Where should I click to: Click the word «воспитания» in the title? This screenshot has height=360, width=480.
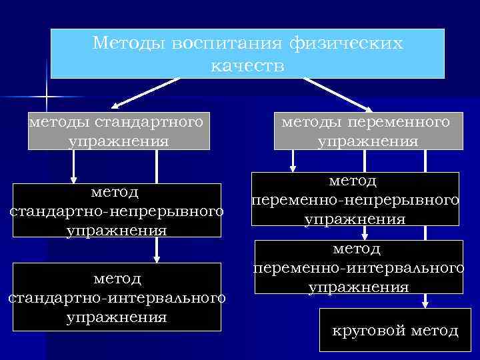point(227,44)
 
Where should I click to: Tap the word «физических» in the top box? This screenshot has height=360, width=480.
point(347,44)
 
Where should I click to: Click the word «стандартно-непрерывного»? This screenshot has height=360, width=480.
point(115,211)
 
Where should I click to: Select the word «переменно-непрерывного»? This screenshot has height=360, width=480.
point(355,200)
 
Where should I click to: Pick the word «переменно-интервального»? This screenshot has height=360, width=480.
point(359,268)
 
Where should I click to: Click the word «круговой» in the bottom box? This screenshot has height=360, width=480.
point(369,331)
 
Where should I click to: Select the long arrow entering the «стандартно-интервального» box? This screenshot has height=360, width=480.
point(157,207)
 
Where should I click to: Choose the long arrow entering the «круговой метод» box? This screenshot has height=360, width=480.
point(423,227)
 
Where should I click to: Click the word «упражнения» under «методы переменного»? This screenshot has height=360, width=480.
point(367,141)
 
